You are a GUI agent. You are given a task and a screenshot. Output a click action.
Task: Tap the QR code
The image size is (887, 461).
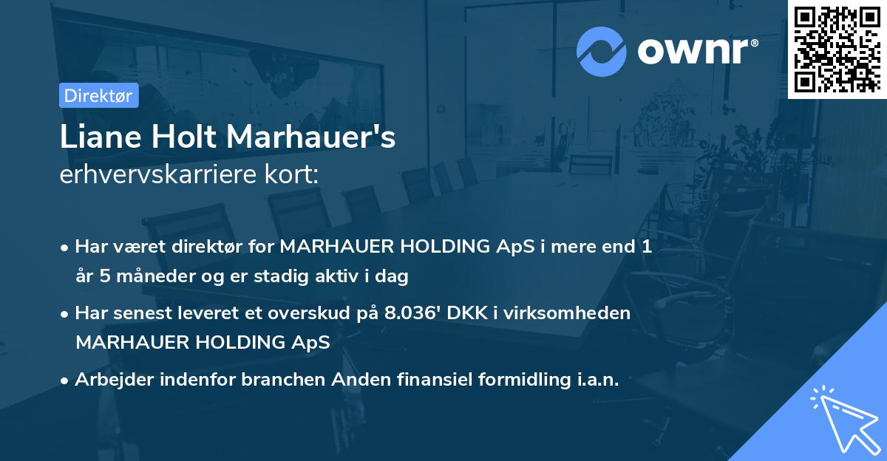point(837,49)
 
